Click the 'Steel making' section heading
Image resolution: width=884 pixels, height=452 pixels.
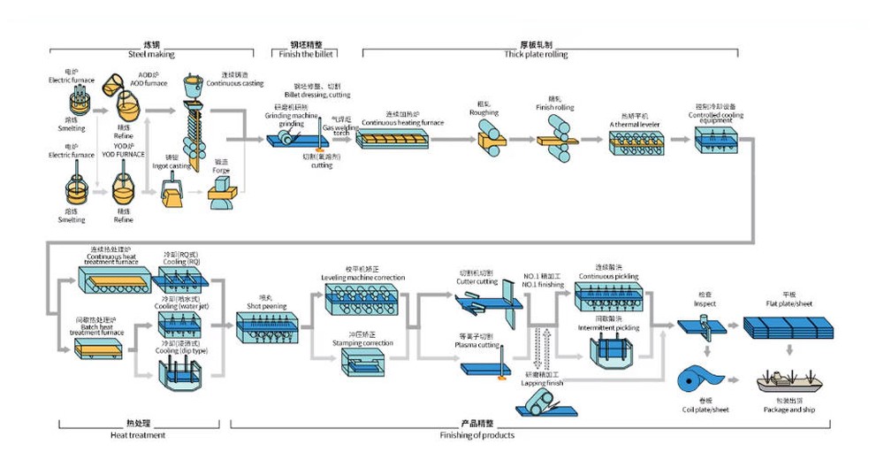point(152,55)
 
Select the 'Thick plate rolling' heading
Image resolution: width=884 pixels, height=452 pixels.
point(536,55)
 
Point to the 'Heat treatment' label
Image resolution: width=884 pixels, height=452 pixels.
point(138,434)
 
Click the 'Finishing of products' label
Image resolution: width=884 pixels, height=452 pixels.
point(476,434)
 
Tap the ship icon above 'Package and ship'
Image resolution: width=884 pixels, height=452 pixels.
point(789,382)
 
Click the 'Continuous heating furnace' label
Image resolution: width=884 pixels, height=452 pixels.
point(402,123)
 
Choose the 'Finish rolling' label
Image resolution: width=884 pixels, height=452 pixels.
point(554,108)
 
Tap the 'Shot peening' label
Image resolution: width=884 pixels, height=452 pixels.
point(263,306)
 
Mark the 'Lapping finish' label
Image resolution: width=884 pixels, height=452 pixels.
point(545,383)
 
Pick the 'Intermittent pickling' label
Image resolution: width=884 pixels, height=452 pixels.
point(608,328)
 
